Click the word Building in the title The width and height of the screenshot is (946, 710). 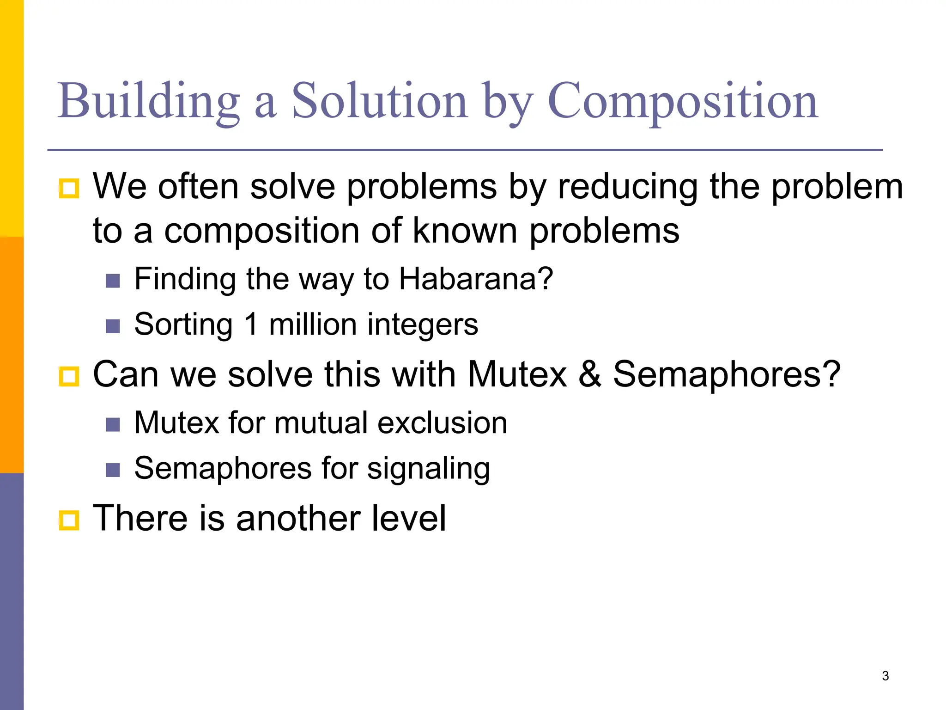149,101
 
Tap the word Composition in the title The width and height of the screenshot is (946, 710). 683,101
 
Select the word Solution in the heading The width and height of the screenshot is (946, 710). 380,101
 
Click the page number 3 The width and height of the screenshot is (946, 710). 885,676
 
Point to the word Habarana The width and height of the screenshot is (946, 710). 476,279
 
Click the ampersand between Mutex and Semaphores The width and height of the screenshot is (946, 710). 590,373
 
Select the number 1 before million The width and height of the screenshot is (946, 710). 251,324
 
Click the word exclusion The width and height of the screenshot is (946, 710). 442,422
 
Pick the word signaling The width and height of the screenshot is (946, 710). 428,469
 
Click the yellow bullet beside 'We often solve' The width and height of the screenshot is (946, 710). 69,188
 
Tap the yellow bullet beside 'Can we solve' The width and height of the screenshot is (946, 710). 69,376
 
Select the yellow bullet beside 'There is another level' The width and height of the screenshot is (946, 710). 69,520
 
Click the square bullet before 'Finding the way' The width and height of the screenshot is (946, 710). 113,281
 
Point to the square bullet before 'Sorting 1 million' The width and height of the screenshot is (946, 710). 113,326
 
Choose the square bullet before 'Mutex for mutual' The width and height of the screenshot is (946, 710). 113,424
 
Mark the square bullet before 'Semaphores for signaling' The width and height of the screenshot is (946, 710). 113,470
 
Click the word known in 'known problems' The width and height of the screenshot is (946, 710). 465,230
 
